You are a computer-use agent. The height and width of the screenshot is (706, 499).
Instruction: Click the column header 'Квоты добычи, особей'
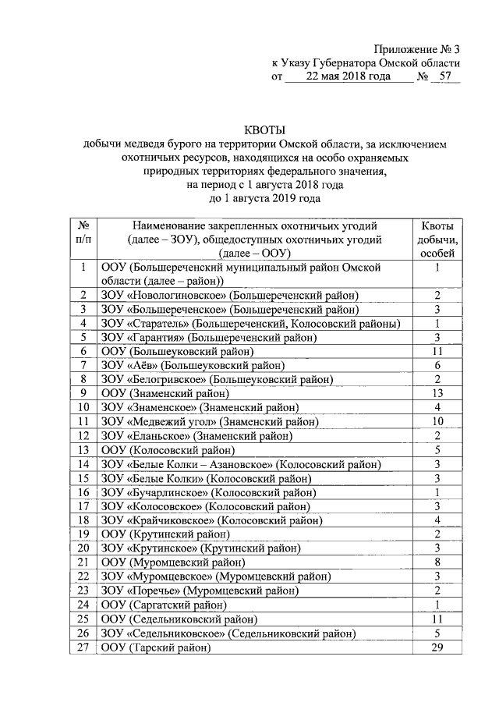(x=438, y=239)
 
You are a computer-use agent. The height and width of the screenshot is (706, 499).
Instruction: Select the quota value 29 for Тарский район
(x=438, y=648)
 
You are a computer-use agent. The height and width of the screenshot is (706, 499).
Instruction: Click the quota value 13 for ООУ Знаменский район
(x=438, y=392)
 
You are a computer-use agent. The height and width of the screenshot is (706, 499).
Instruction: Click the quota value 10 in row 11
(x=438, y=421)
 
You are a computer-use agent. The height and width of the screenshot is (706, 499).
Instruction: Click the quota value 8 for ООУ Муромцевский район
(x=438, y=562)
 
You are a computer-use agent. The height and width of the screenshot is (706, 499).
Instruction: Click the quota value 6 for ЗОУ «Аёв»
(x=438, y=365)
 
